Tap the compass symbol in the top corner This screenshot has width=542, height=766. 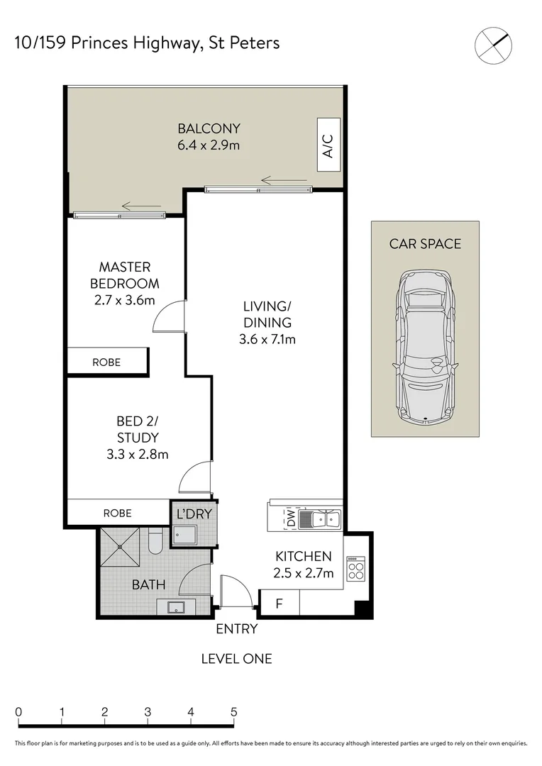click(x=492, y=44)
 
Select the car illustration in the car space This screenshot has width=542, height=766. click(x=424, y=348)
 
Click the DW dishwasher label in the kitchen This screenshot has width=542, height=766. click(x=289, y=519)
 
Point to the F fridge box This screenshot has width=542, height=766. click(x=279, y=604)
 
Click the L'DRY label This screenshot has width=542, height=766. click(x=194, y=514)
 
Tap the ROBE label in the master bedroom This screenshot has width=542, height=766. click(x=106, y=362)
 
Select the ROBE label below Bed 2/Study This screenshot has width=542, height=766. click(x=117, y=514)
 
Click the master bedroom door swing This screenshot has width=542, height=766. click(x=169, y=316)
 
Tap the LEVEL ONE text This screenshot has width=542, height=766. click(x=236, y=659)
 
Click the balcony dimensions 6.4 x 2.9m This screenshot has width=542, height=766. click(x=209, y=146)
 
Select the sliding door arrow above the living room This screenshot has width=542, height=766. click(x=277, y=180)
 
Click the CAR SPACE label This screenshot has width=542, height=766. click(x=424, y=244)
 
